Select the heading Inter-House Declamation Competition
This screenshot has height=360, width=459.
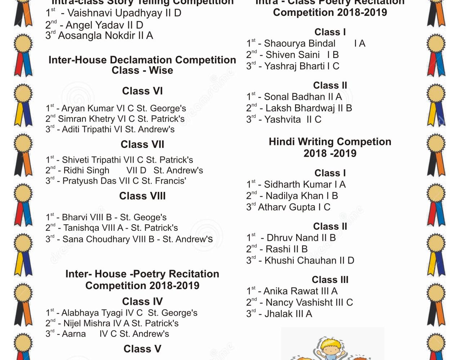pyautogui.click(x=142, y=60)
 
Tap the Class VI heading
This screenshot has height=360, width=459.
pyautogui.click(x=142, y=91)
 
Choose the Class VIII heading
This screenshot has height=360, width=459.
pyautogui.click(x=142, y=196)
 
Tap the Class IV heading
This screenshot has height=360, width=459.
pyautogui.click(x=142, y=302)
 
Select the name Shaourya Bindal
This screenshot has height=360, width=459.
pyautogui.click(x=300, y=44)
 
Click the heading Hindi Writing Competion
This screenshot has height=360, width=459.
pyautogui.click(x=330, y=142)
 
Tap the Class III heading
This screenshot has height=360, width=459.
pyautogui.click(x=330, y=280)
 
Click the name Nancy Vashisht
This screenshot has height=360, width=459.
pyautogui.click(x=299, y=303)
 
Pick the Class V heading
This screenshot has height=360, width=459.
pyautogui.click(x=142, y=349)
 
